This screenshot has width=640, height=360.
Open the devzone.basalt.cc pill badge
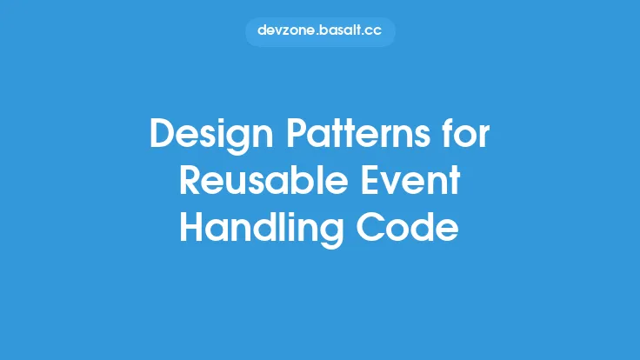(320, 30)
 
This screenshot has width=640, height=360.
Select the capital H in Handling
(192, 229)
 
